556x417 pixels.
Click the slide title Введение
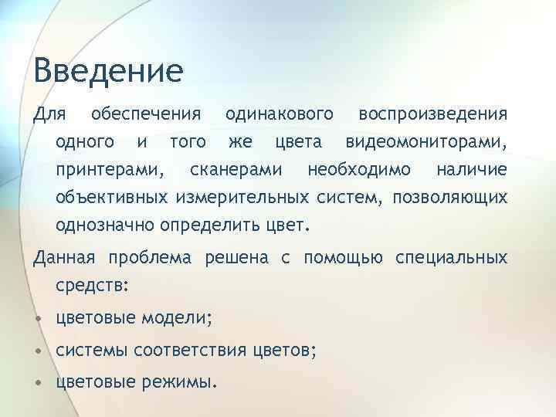coord(108,71)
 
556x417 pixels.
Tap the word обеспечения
coord(146,114)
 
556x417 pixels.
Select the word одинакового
coord(280,114)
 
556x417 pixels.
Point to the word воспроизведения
coord(433,114)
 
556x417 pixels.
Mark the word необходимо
coord(359,170)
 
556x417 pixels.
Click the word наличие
coord(471,170)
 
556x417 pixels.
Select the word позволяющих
coord(450,198)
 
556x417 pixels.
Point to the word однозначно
coord(106,226)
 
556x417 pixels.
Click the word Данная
coord(66,257)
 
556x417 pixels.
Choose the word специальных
coord(452,257)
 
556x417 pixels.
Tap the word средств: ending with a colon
coord(92,285)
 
